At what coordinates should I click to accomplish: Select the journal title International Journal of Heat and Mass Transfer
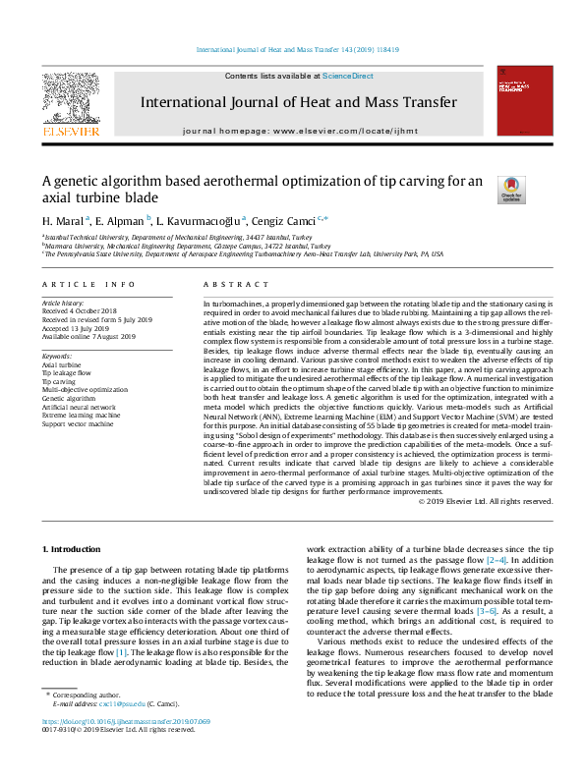298,102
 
